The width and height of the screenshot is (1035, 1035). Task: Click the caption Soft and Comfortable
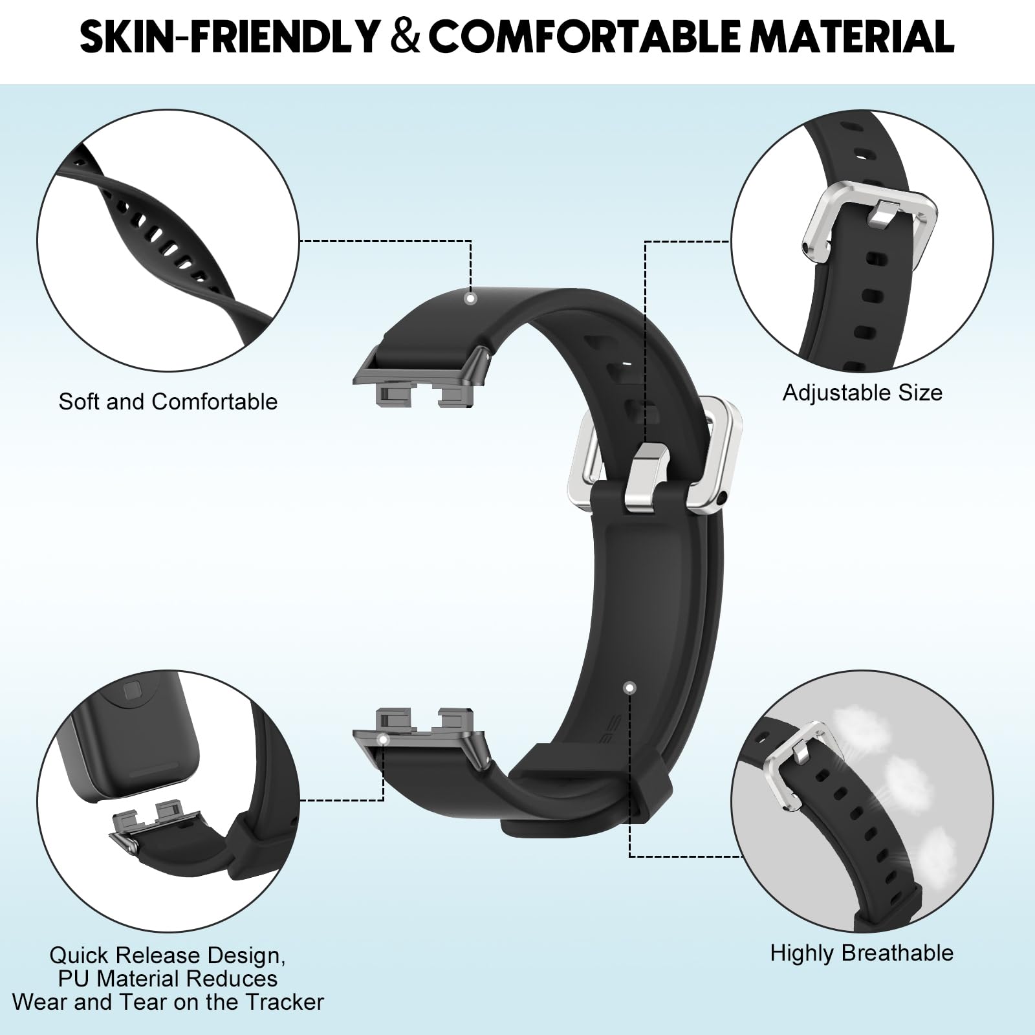click(x=168, y=402)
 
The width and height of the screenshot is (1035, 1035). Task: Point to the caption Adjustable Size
click(x=862, y=393)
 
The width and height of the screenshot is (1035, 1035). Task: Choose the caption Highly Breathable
click(x=862, y=953)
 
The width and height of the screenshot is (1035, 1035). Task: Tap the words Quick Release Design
click(x=167, y=955)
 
